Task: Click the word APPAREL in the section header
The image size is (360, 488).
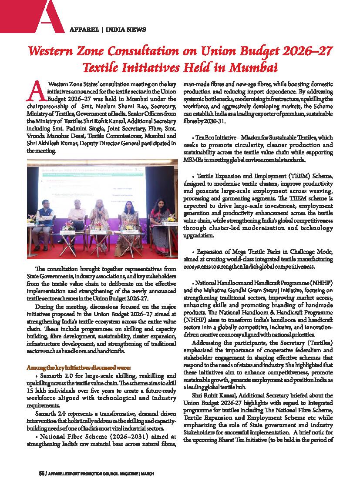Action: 84,30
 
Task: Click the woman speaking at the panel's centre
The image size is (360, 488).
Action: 100,217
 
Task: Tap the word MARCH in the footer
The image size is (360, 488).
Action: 147,473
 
